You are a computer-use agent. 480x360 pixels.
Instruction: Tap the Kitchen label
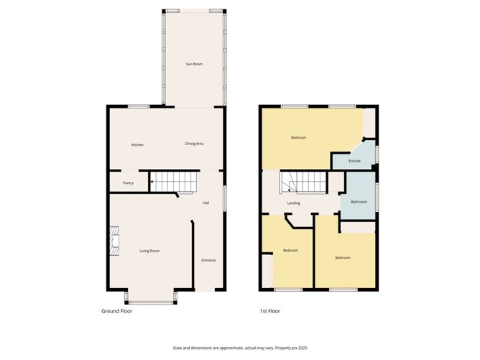pos(137,144)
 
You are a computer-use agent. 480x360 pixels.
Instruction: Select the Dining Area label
pos(195,144)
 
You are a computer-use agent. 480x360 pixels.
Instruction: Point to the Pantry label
pos(128,183)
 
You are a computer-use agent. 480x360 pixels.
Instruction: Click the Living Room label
pos(149,250)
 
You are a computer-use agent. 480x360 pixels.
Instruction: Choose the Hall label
pos(206,203)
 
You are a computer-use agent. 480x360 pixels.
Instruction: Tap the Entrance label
pos(208,260)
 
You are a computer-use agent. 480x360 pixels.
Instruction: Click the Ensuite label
pos(354,161)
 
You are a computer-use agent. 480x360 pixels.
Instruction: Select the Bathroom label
pos(359,202)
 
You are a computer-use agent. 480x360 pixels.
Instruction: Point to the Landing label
pos(294,203)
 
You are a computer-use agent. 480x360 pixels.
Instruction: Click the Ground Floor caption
pos(116,311)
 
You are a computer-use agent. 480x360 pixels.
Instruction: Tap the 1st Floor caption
pos(270,311)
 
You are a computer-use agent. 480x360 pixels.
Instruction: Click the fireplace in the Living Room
pos(114,241)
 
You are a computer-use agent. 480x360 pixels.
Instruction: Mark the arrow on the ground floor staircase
pos(152,183)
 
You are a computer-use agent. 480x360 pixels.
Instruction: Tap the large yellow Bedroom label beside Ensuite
pos(298,137)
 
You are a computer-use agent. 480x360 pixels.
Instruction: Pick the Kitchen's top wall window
pos(139,107)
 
